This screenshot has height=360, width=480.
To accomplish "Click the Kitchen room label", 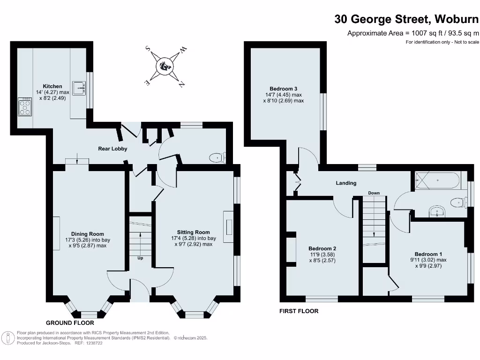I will click(x=52, y=86).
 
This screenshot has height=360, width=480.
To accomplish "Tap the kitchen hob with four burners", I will click(x=24, y=107).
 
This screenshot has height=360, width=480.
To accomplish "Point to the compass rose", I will click(x=165, y=65).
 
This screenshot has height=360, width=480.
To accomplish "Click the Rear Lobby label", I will click(x=112, y=149).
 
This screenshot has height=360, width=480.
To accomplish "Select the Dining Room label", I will click(x=87, y=234).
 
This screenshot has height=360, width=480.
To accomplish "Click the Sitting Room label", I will click(x=193, y=232).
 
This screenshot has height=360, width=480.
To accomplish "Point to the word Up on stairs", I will click(x=140, y=258).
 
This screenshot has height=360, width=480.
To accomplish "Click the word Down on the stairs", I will click(x=374, y=193).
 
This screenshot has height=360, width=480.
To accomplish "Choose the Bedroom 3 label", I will click(x=283, y=89).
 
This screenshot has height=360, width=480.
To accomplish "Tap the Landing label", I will click(x=346, y=183).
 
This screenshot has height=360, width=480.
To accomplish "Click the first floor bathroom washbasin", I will click(x=437, y=211).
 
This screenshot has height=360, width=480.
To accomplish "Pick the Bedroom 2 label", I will click(x=322, y=248).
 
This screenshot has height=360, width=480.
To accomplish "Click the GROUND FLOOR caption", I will click(x=70, y=323).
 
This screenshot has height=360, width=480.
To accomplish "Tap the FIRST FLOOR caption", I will click(x=299, y=311).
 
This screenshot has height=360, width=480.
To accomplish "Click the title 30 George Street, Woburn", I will click(x=406, y=19).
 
